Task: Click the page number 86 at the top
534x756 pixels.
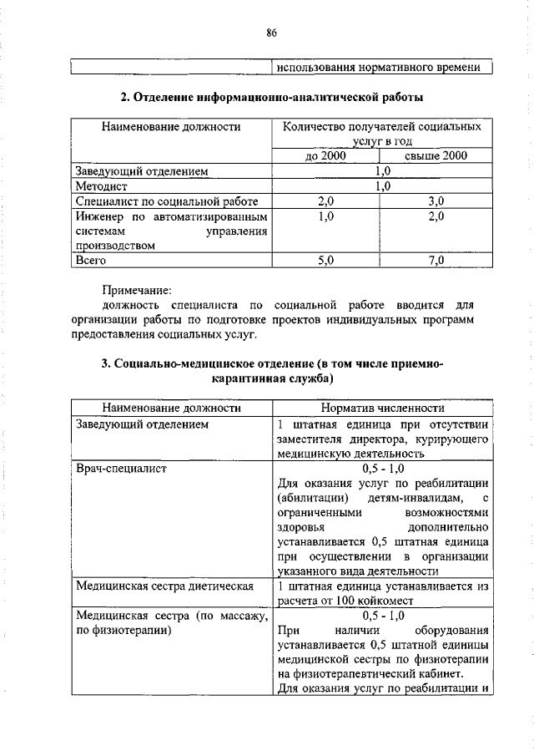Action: (271, 33)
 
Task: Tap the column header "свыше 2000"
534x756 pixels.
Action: (436, 156)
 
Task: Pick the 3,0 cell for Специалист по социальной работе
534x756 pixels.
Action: (436, 201)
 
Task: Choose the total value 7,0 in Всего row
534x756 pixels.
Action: (436, 261)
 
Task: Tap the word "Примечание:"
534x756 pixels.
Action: (136, 291)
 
